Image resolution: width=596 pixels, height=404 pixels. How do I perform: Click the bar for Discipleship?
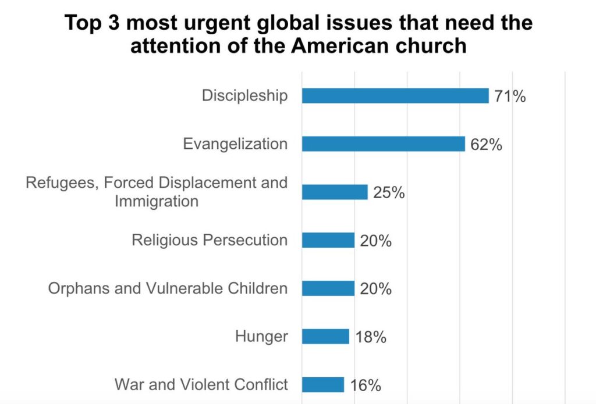[x=395, y=96]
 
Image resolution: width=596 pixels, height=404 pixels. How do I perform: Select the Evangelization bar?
[x=383, y=144]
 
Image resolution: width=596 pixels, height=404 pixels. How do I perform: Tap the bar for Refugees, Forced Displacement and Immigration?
[x=335, y=192]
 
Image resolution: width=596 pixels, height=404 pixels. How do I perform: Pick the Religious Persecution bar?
[x=328, y=240]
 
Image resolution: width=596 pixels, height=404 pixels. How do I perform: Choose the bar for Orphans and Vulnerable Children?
[x=328, y=288]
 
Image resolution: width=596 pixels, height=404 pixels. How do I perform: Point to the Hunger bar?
[x=325, y=337]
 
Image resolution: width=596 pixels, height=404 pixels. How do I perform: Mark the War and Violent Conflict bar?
[x=323, y=385]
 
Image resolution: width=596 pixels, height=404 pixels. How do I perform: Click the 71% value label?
[x=510, y=96]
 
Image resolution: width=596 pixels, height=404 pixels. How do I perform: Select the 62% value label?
[x=486, y=145]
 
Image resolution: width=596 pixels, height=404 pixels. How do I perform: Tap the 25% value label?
[x=389, y=192]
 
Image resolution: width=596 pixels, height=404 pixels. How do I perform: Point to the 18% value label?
[x=370, y=337]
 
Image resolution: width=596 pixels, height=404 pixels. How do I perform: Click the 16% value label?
[x=365, y=385]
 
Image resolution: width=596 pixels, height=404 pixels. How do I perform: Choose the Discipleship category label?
[x=244, y=96]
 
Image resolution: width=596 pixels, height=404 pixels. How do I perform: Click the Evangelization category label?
[x=235, y=144]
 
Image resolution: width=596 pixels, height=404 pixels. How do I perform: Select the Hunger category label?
[x=261, y=336]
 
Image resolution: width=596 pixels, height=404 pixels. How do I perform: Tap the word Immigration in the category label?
[x=157, y=202]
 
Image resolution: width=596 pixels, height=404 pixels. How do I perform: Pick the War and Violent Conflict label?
[x=201, y=384]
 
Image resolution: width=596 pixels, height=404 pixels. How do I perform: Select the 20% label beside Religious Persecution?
[x=375, y=241]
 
